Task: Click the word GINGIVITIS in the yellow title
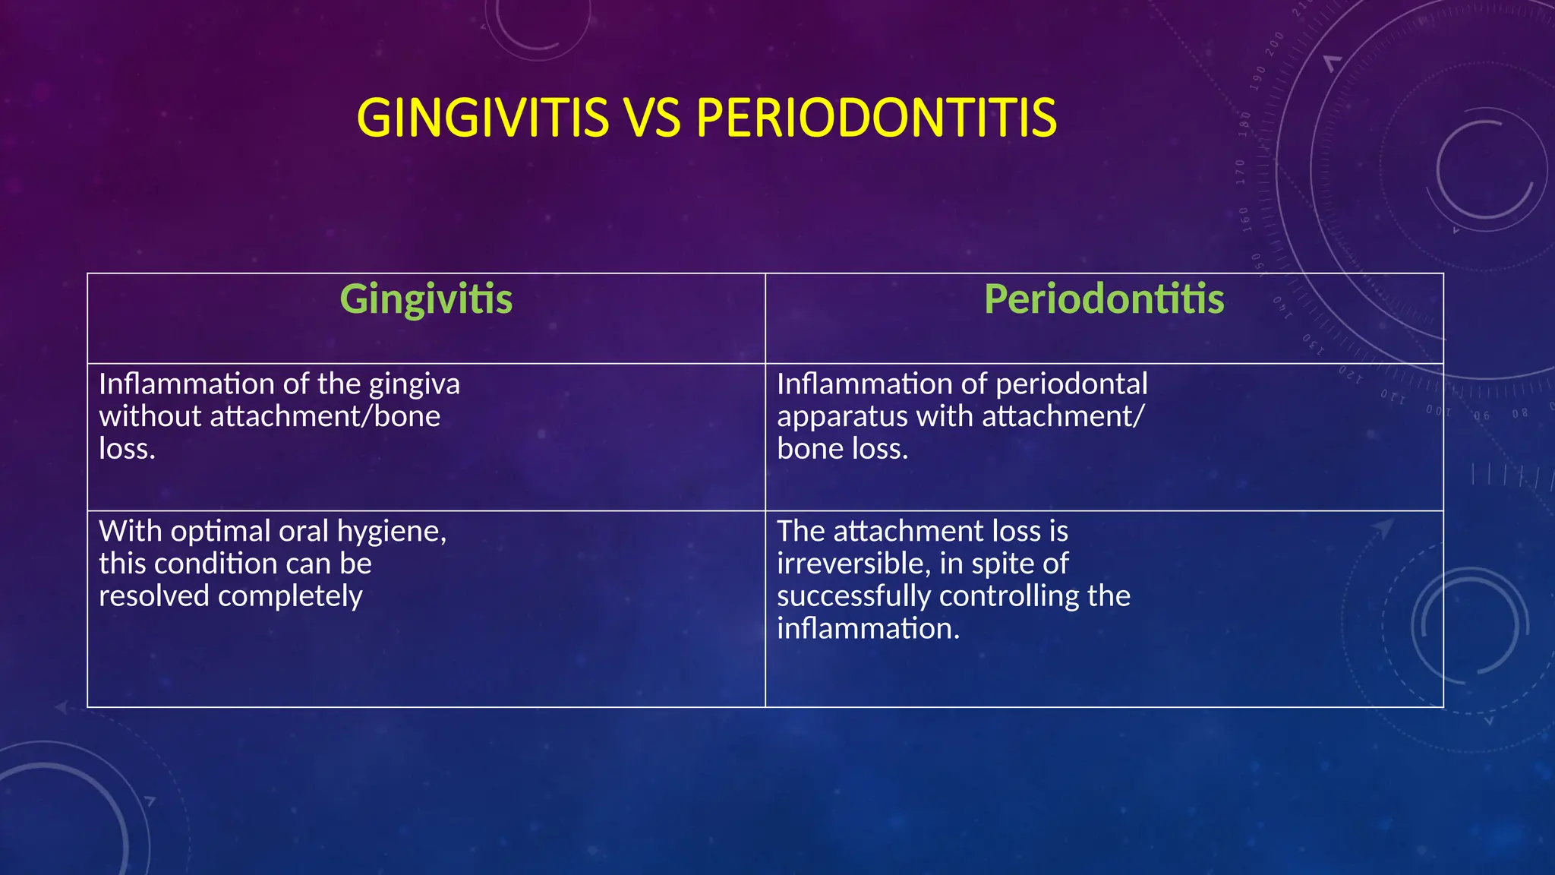tap(482, 118)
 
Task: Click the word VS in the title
tap(651, 118)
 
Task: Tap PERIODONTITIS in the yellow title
tap(875, 118)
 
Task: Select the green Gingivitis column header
tap(426, 299)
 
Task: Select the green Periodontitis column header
tap(1104, 299)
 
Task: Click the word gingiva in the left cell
tap(414, 384)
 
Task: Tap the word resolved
tap(154, 596)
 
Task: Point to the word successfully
tap(853, 596)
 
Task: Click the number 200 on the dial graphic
tap(1276, 40)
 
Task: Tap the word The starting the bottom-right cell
tap(800, 531)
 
